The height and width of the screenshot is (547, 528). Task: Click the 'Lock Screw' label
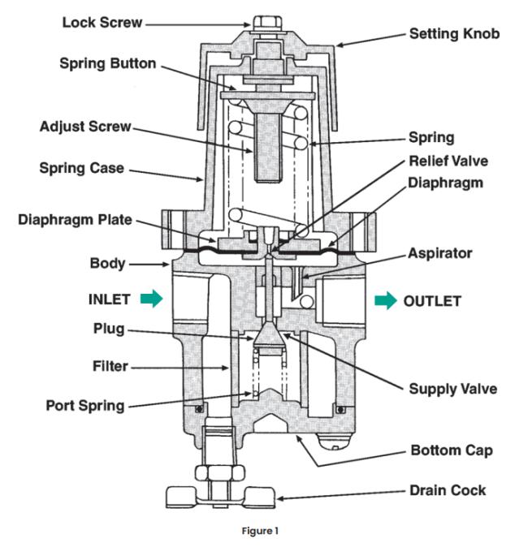pos(102,23)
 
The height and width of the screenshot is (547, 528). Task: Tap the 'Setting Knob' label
pos(454,34)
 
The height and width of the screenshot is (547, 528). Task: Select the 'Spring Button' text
pos(107,63)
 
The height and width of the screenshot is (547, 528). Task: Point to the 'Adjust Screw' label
pos(85,127)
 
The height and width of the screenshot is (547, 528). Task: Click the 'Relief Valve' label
pos(448,162)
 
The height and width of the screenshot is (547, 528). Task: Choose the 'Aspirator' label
pos(440,253)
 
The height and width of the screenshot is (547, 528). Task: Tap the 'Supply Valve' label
pos(453,389)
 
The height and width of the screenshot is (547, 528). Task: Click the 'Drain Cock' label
pos(448,490)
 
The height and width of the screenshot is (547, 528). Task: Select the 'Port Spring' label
pos(85,406)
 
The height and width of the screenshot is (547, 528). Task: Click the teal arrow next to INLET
pos(152,299)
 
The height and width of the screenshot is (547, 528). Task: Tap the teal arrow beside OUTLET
pos(386,300)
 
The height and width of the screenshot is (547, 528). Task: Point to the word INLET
pos(110,299)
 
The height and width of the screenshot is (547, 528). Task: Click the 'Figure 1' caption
pos(260,531)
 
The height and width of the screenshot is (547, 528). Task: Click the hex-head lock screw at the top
pos(267,24)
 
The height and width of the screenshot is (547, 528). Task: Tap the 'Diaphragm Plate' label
pos(75,220)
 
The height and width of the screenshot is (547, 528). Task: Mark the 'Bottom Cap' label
pos(452,450)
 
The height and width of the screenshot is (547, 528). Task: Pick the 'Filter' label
pos(110,366)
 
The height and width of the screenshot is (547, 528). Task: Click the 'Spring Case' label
pos(82,168)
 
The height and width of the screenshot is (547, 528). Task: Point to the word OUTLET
pos(432,301)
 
